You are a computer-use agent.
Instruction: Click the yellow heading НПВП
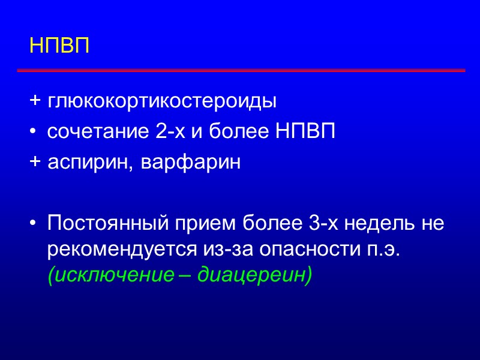[x=59, y=46]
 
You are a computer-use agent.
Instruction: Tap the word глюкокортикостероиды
[x=162, y=101]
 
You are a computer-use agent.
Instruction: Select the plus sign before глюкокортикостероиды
[x=35, y=101]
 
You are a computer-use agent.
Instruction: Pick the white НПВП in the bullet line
[x=305, y=132]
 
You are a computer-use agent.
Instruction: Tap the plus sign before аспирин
[x=35, y=163]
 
